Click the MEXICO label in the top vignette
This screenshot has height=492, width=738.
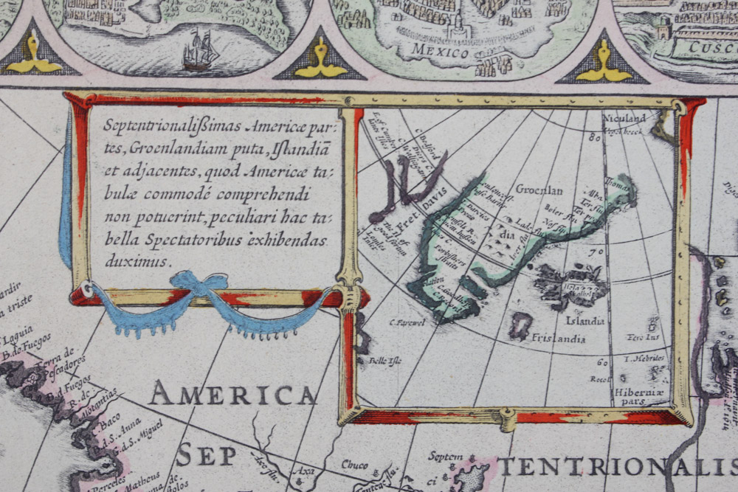(441, 52)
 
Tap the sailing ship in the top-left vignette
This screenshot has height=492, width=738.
(200, 49)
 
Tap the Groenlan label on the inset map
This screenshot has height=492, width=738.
(539, 190)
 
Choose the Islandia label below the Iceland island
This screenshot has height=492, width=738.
(584, 321)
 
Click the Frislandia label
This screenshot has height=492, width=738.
(559, 339)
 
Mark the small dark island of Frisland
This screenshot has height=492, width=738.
(522, 325)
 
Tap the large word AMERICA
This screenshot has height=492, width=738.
(233, 395)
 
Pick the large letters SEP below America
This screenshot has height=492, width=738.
(206, 455)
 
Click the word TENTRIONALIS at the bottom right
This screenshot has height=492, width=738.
(617, 466)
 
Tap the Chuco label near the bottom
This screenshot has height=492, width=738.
(354, 464)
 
